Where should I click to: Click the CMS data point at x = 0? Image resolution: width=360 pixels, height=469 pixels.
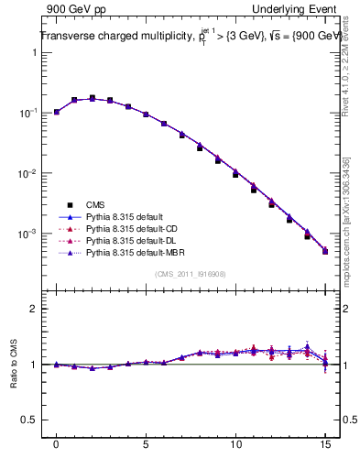pos(57,112)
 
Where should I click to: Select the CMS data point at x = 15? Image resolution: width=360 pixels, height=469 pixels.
pos(325,251)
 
